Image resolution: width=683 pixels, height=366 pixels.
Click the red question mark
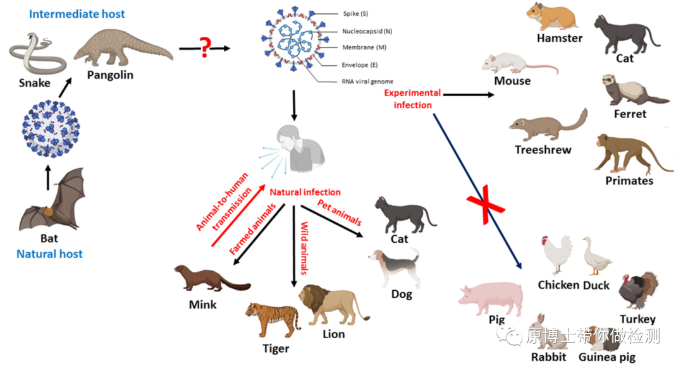pos(204,47)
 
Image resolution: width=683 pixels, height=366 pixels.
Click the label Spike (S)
pos(357,13)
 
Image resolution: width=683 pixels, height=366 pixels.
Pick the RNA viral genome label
pos(367,81)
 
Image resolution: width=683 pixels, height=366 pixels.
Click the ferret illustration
pos(629,90)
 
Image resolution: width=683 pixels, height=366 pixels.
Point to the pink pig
pos(493,297)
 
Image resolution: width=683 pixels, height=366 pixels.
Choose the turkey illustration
pos(637,292)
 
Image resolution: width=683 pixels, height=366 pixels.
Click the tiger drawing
pos(273,319)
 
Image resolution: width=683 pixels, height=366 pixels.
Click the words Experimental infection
pos(413,99)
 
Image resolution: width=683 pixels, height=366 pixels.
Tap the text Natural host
pos(49,253)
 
